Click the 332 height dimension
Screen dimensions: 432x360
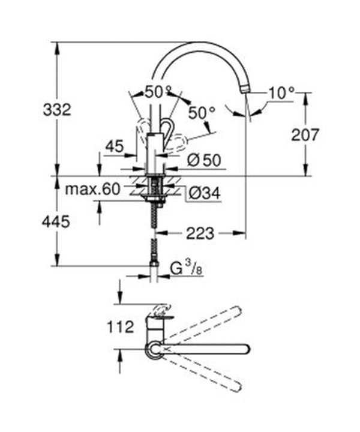point(57,110)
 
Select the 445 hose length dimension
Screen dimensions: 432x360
point(57,221)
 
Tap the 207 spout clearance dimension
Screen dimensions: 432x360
point(305,135)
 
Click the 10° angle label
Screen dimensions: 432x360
point(281,93)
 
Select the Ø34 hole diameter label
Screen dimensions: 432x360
point(205,193)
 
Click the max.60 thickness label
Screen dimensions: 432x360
point(92,190)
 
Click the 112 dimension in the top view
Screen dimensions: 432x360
point(121,327)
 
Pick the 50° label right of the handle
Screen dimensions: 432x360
point(202,112)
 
